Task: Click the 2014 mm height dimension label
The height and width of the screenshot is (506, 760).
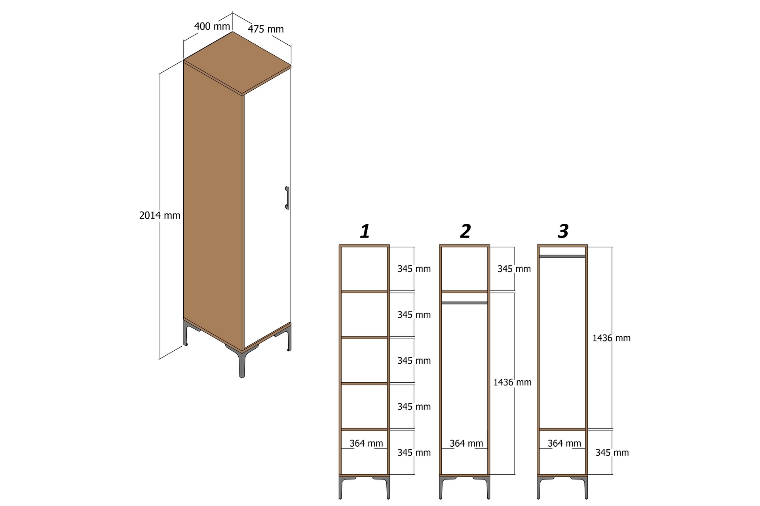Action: coord(160,215)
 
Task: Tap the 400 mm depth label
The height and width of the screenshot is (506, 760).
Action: coord(212,26)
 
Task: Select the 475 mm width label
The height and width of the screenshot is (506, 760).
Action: coord(266,29)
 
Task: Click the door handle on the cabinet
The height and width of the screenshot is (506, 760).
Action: coord(287,198)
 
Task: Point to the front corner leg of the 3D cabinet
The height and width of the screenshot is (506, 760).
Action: coord(241,364)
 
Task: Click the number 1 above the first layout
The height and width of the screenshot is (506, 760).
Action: coord(365,231)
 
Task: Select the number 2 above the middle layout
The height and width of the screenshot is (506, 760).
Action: coord(465,231)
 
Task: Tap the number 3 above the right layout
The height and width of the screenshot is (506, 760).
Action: coord(563,231)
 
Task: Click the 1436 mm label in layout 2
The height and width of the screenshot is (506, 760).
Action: coord(512,382)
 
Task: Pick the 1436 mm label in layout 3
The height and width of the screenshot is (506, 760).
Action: coord(611,338)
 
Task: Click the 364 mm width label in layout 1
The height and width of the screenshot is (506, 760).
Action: coord(366,444)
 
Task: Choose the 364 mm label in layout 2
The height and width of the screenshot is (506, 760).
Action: coord(466,444)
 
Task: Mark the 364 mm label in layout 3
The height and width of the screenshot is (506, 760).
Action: coord(564,444)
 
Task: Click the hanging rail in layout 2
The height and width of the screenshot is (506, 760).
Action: coord(464,303)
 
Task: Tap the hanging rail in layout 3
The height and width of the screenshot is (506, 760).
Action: coord(562,256)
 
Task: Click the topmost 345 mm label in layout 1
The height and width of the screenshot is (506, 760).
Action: coord(414,269)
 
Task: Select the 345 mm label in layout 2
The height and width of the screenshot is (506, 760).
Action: coord(514,269)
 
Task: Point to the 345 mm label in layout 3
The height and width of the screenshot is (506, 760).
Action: coord(612,453)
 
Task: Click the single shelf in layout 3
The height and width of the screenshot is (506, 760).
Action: coord(562,429)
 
